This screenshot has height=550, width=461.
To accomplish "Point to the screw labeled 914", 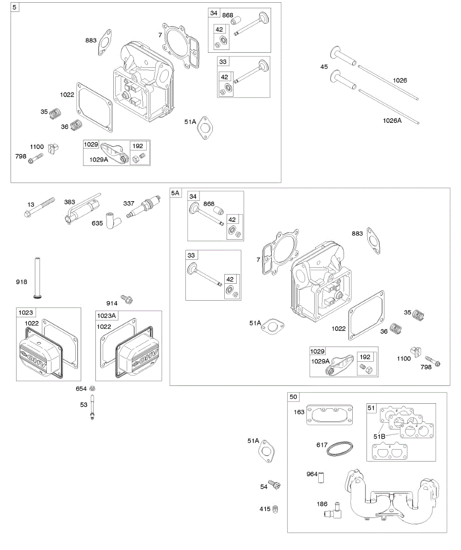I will click(126, 300).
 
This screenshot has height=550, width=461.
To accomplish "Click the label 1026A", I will click(393, 121).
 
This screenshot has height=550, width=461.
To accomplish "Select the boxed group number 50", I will click(294, 396).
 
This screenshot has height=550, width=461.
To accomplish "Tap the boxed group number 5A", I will click(175, 193).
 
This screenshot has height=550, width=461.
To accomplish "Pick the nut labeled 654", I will click(93, 388).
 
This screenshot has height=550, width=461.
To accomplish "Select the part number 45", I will click(324, 67).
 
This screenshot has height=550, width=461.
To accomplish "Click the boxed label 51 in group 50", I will click(372, 407).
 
